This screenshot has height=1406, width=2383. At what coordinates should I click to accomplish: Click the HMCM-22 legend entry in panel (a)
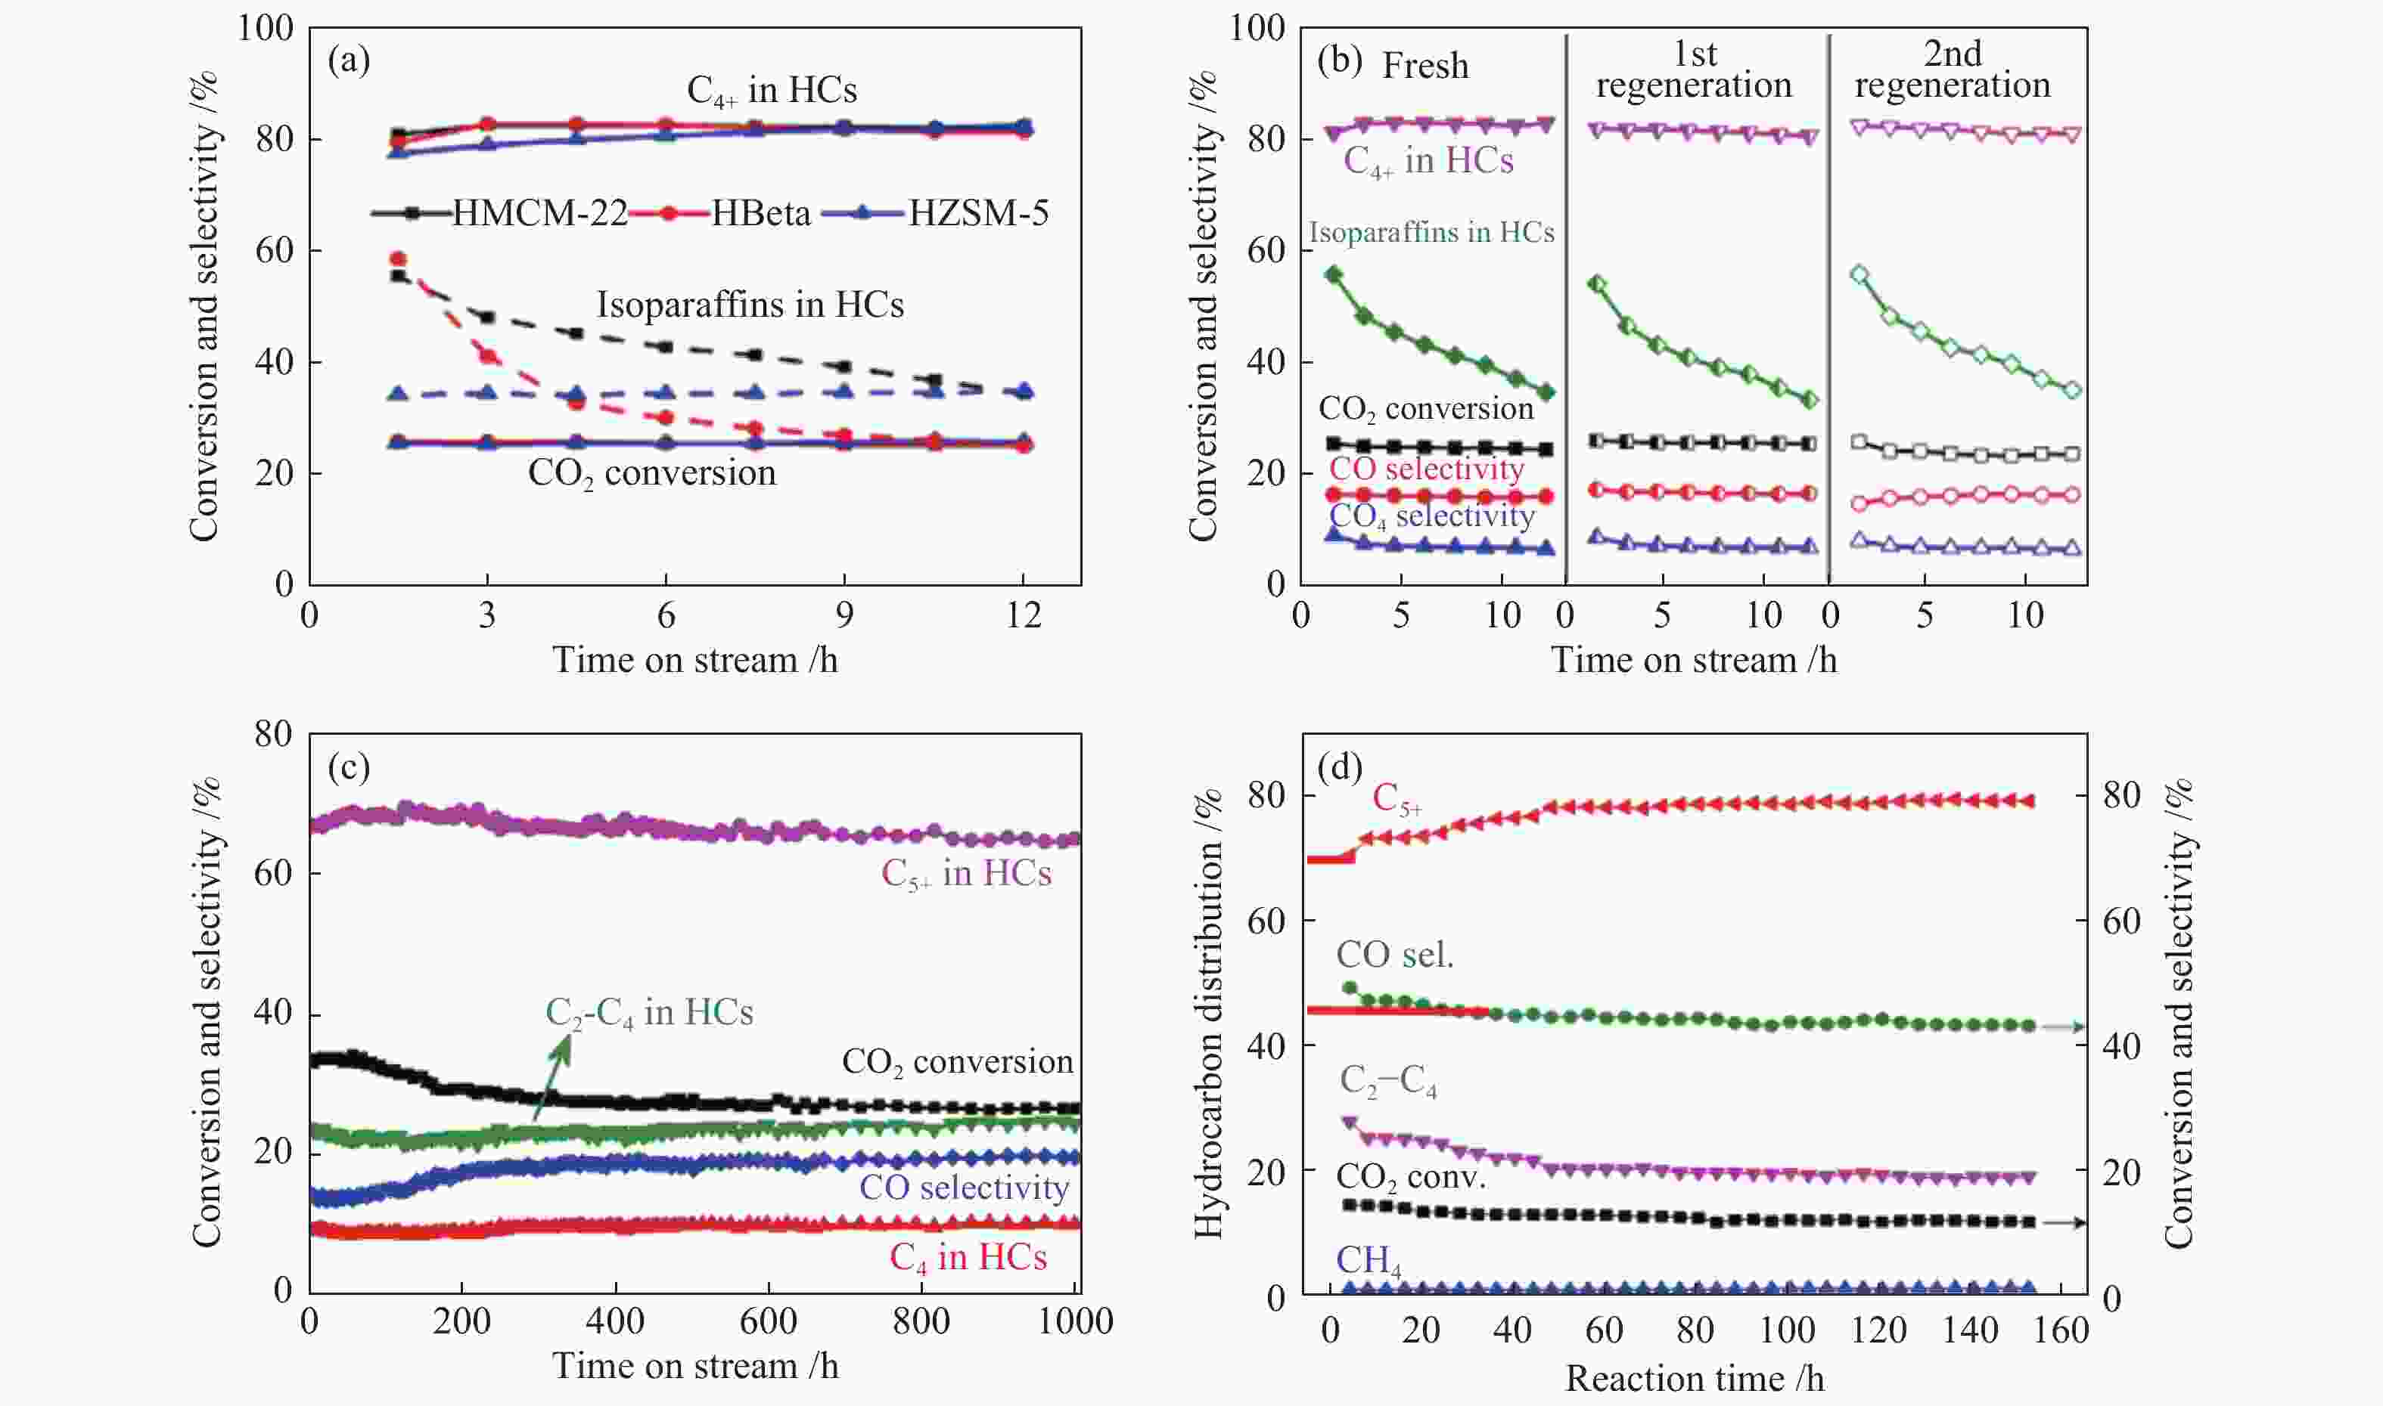tap(502, 213)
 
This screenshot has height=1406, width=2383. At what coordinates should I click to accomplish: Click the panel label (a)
tap(348, 60)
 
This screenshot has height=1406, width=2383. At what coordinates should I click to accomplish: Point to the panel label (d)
tap(1339, 766)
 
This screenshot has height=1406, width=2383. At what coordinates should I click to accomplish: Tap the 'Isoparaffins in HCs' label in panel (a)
tap(749, 304)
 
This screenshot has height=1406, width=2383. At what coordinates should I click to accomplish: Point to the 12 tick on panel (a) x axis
tap(1023, 616)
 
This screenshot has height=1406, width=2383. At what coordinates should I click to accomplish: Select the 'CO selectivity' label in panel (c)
tap(963, 1187)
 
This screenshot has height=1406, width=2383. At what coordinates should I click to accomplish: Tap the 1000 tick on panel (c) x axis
tap(1074, 1321)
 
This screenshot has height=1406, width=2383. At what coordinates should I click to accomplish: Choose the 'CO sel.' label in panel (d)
tap(1394, 955)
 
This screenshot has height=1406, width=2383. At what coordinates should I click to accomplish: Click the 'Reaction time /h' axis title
tap(1694, 1379)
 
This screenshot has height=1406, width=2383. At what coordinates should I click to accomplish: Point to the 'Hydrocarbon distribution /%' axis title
tap(1207, 1014)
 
